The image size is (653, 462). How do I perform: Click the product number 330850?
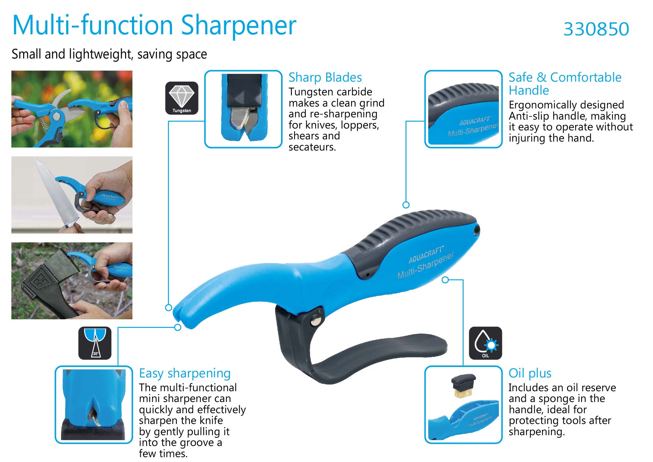(x=596, y=29)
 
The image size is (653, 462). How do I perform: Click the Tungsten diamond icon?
(x=182, y=98)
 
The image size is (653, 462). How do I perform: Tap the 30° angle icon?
(x=95, y=343)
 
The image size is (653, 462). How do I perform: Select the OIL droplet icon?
(x=485, y=343)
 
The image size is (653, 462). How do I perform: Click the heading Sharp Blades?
(x=325, y=77)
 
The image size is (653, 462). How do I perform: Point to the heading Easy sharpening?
(x=185, y=373)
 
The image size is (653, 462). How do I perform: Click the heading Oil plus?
(x=530, y=373)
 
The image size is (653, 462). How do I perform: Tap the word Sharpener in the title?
(x=239, y=25)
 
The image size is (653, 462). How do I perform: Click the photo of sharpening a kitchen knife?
(x=72, y=195)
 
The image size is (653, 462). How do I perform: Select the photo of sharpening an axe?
(x=72, y=281)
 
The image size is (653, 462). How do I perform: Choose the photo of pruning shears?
(x=72, y=109)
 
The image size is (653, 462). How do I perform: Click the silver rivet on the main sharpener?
(x=316, y=319)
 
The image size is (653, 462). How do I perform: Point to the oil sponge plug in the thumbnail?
(x=464, y=386)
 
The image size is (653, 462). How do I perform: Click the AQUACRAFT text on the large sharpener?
(x=426, y=255)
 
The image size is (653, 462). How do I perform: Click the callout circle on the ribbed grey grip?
(x=406, y=205)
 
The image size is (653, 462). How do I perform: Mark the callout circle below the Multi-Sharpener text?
(x=445, y=280)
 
